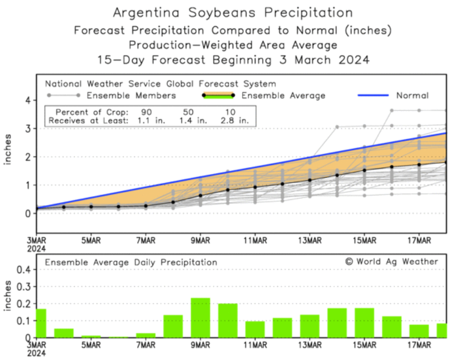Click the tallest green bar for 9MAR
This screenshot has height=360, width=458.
[x=200, y=318]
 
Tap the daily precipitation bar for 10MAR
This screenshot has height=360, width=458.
[x=228, y=320]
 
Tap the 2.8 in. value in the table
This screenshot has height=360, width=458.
[x=235, y=120]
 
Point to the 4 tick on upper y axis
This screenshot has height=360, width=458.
[x=27, y=100]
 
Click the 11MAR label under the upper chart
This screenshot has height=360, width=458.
[x=255, y=240]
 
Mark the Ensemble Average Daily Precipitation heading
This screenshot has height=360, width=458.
[x=131, y=262]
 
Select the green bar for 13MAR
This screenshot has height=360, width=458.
[x=310, y=326]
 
